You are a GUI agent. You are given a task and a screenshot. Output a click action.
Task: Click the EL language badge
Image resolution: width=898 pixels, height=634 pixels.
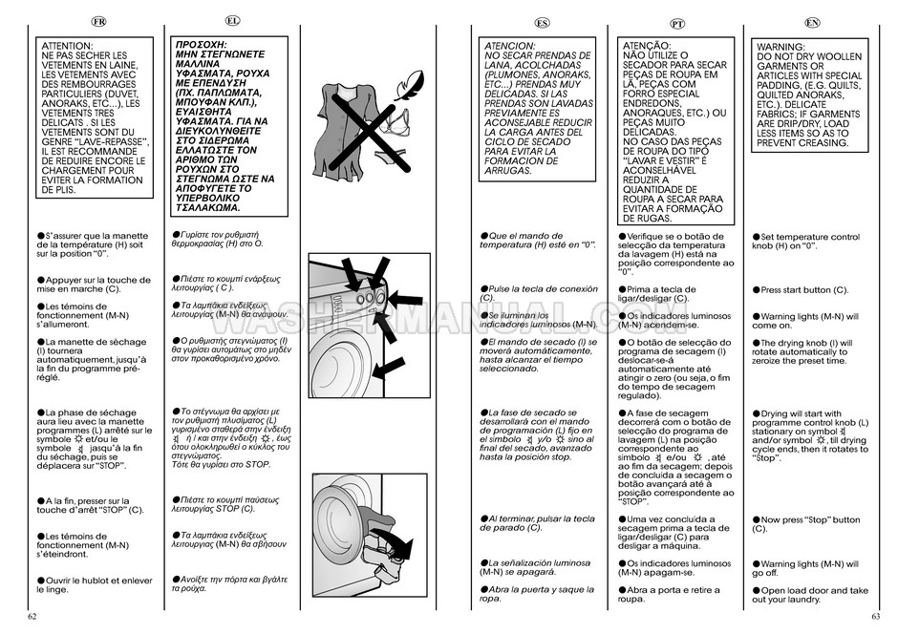pos(233,20)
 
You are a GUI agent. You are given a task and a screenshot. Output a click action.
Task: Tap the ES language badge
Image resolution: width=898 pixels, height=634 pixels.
pos(543,22)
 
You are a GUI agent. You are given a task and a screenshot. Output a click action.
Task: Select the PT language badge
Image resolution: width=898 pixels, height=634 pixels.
pos(676,22)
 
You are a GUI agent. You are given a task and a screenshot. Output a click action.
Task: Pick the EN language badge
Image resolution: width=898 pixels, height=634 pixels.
pos(812,22)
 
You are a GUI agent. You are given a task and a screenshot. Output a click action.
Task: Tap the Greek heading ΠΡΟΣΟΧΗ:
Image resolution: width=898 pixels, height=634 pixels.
pos(201,45)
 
